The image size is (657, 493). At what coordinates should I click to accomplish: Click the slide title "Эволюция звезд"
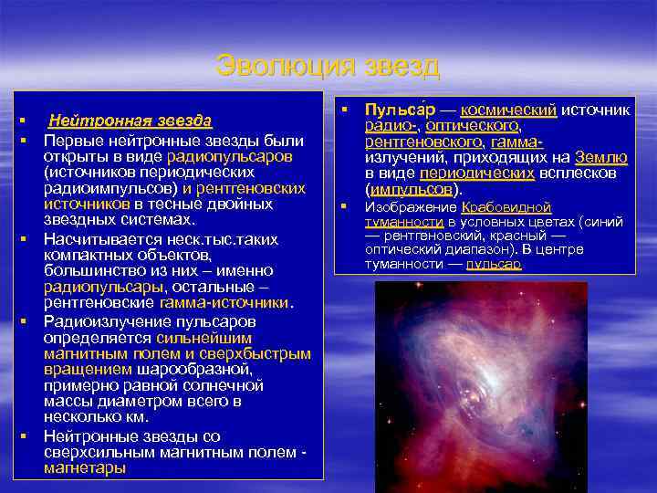click(x=328, y=67)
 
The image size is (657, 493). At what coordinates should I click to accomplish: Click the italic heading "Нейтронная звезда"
click(x=130, y=121)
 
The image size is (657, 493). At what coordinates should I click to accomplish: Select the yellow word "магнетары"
click(x=85, y=468)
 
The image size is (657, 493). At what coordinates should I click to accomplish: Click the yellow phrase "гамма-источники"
click(x=224, y=301)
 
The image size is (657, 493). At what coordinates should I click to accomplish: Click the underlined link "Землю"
click(x=600, y=157)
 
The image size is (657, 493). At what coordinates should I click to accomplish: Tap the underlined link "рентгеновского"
click(x=423, y=142)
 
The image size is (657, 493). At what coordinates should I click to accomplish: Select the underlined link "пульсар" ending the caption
click(x=493, y=265)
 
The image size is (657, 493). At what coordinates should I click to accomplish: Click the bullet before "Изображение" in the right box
click(x=345, y=207)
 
